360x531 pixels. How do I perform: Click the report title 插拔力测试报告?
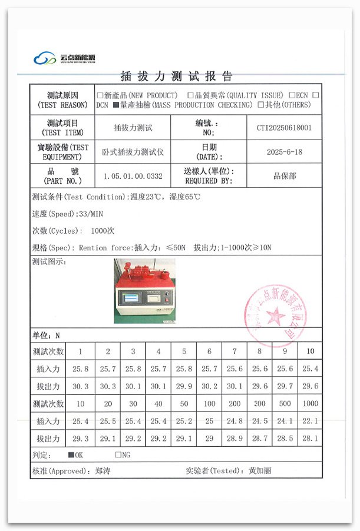click(x=176, y=76)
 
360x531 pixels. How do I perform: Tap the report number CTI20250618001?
click(x=284, y=127)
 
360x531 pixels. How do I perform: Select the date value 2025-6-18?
click(x=284, y=152)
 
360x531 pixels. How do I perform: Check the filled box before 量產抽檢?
click(x=116, y=105)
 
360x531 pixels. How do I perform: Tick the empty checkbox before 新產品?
click(x=100, y=95)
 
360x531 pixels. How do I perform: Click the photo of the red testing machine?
click(x=144, y=291)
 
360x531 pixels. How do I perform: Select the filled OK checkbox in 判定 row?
click(x=71, y=455)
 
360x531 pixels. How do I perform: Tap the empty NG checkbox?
click(x=118, y=455)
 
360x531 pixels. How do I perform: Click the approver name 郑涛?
click(x=103, y=471)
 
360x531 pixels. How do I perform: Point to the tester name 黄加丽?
click(x=260, y=471)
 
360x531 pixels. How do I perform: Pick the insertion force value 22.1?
click(x=309, y=421)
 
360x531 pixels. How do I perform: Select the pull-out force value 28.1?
click(x=309, y=439)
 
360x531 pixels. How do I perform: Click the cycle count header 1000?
click(x=309, y=403)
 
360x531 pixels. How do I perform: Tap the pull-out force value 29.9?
click(x=184, y=386)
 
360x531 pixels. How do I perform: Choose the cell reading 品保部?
click(x=284, y=176)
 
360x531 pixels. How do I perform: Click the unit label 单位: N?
click(x=46, y=336)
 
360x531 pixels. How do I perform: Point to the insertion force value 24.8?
click(x=235, y=421)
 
